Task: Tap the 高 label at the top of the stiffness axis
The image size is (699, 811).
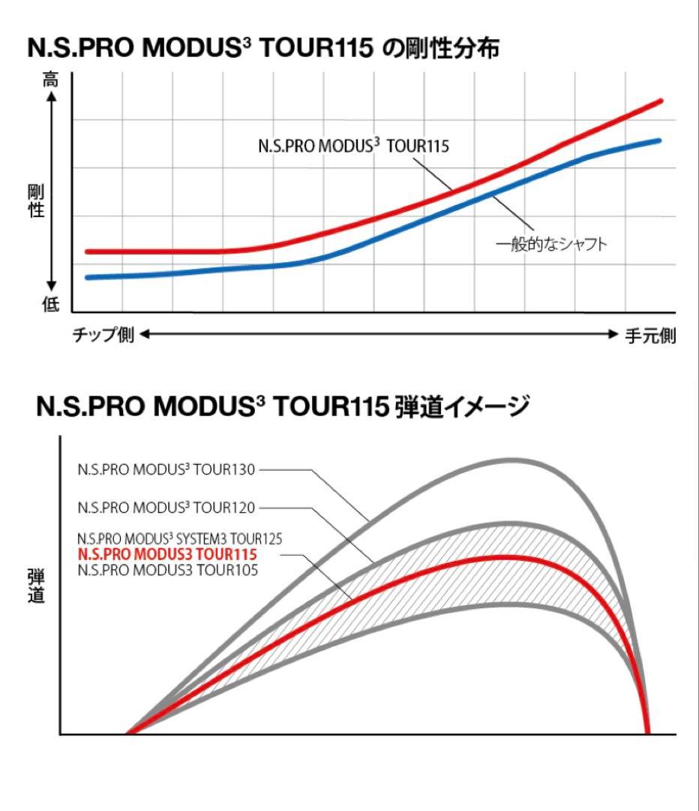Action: tap(50, 80)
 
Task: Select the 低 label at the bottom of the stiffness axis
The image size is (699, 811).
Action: tap(50, 304)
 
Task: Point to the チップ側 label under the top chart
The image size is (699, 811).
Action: tap(103, 335)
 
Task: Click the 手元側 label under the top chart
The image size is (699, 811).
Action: tap(650, 336)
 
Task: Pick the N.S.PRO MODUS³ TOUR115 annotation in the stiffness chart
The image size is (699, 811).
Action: tap(353, 146)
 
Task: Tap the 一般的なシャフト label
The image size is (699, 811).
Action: tap(550, 245)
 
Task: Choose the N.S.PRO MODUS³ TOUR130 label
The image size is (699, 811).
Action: tap(166, 470)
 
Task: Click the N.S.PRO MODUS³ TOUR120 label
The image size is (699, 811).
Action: tap(166, 508)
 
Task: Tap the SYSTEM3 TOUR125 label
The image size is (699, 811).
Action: tap(179, 539)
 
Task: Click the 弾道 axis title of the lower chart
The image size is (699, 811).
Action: tap(35, 586)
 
